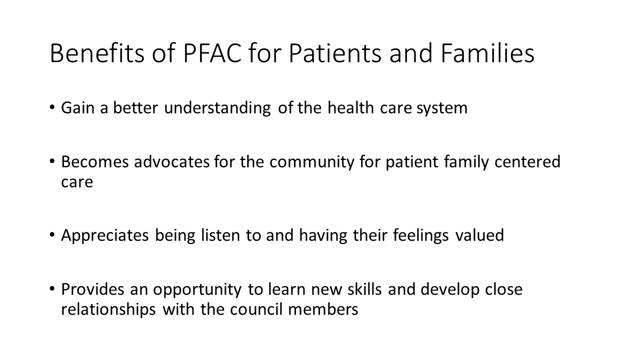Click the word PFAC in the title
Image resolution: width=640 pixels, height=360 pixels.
tap(212, 53)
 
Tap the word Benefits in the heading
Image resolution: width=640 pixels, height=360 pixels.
tap(97, 53)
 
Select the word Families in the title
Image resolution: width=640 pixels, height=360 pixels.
tap(487, 53)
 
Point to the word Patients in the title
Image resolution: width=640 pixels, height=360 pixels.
tap(335, 53)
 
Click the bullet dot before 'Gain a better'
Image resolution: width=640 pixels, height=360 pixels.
tap(52, 107)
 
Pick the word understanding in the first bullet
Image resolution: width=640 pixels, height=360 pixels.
tap(217, 108)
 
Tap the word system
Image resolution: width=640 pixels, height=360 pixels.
tap(441, 109)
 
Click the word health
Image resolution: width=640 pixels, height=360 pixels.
tap(350, 107)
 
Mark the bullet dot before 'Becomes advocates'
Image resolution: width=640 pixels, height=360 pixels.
tap(52, 161)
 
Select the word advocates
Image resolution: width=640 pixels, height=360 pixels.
tap(171, 161)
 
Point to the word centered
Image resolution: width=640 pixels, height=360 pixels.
tap(527, 161)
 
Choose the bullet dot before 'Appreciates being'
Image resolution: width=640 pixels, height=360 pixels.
tap(52, 235)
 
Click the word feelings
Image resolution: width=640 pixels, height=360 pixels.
tap(420, 236)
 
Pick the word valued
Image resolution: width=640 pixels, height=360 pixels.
tap(479, 235)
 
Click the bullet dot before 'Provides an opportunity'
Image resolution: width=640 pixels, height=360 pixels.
tap(52, 289)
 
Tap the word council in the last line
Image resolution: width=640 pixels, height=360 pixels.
tap(256, 309)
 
